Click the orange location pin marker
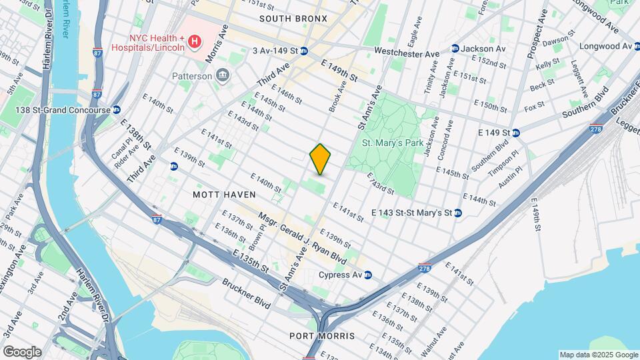point(321,159)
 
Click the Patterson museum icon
point(223,76)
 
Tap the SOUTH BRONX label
point(293,19)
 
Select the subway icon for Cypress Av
point(368,275)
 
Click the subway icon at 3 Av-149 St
point(303,51)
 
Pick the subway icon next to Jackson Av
point(455,49)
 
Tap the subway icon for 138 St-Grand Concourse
point(116,109)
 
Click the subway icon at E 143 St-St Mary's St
point(458,213)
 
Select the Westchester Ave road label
point(407,52)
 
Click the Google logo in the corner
point(21,351)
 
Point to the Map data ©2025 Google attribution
point(599,355)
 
